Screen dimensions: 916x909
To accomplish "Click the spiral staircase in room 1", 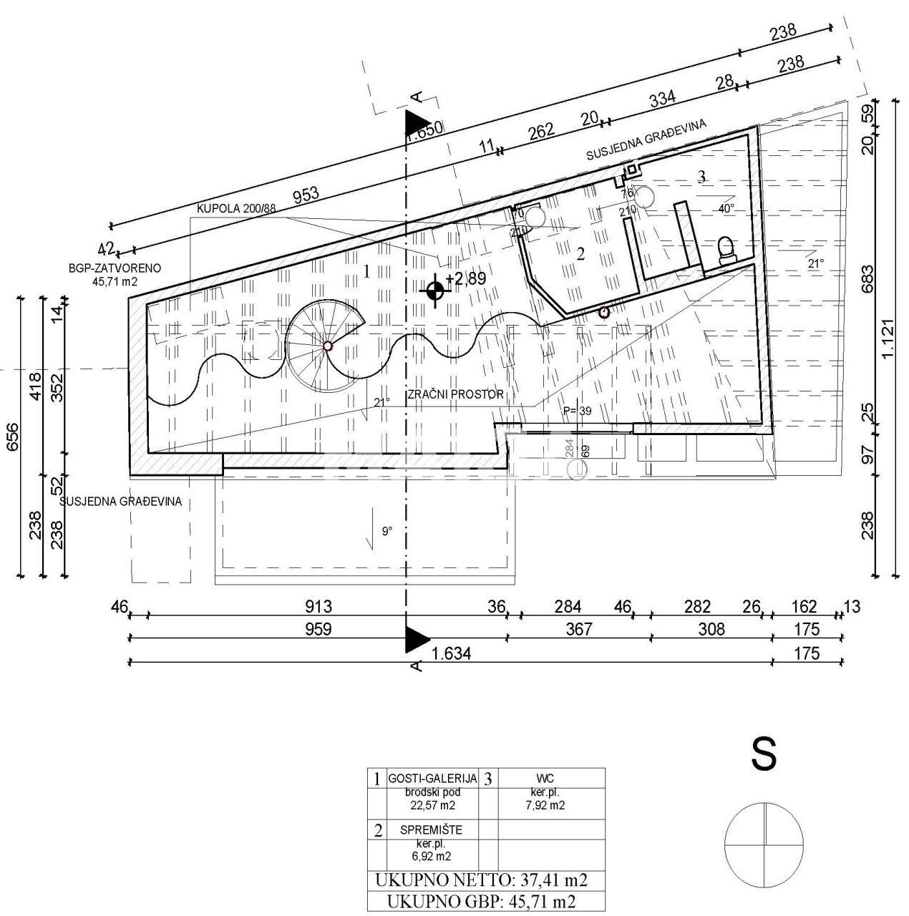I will click(x=326, y=346).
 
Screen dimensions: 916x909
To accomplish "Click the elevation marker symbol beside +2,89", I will click(x=434, y=290).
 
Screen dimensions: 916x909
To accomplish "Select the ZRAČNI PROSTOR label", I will click(x=456, y=394).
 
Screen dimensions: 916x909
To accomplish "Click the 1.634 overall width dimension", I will click(x=453, y=653).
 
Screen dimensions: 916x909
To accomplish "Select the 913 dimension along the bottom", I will click(x=319, y=607).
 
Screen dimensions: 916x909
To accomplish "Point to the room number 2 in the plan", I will click(x=580, y=253).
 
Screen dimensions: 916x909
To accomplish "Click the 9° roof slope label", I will click(x=387, y=531).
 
